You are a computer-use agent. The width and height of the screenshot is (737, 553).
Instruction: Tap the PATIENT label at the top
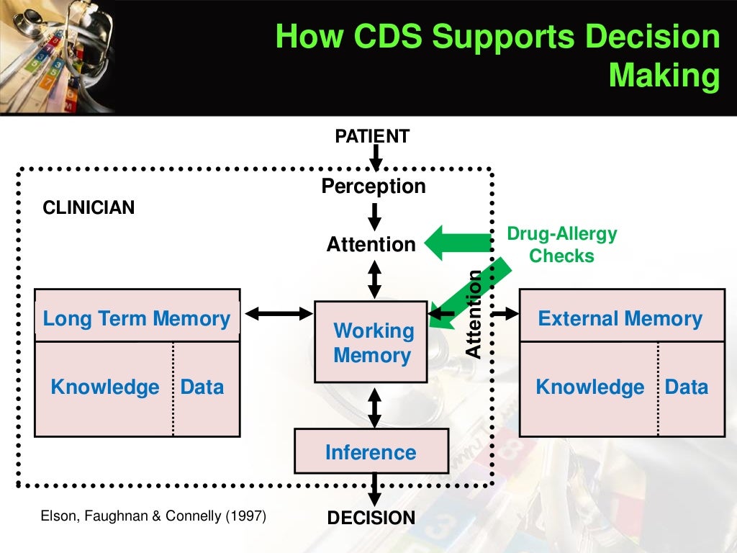[372, 135]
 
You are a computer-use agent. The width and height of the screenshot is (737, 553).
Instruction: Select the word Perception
[373, 186]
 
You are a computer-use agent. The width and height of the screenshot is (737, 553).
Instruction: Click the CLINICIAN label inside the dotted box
[89, 208]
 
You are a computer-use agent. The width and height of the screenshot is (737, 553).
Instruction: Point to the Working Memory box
[371, 342]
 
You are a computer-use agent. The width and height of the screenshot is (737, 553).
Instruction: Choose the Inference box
[371, 451]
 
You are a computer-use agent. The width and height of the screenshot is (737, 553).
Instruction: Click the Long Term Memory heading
[137, 318]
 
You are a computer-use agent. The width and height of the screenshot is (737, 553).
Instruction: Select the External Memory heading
[620, 318]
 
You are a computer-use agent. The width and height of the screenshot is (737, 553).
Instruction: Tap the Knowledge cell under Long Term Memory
[104, 387]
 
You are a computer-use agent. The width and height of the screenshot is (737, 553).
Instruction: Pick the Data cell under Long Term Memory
[202, 387]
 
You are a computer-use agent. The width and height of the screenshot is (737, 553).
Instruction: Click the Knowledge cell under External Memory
[589, 387]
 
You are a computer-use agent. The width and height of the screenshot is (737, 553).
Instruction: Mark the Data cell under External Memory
[686, 387]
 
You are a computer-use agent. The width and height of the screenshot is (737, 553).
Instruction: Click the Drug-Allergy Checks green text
[562, 245]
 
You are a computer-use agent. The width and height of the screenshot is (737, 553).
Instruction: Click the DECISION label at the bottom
[371, 518]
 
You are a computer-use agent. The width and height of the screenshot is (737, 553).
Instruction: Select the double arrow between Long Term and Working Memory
[278, 313]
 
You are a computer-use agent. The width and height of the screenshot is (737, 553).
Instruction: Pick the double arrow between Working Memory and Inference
[374, 407]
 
